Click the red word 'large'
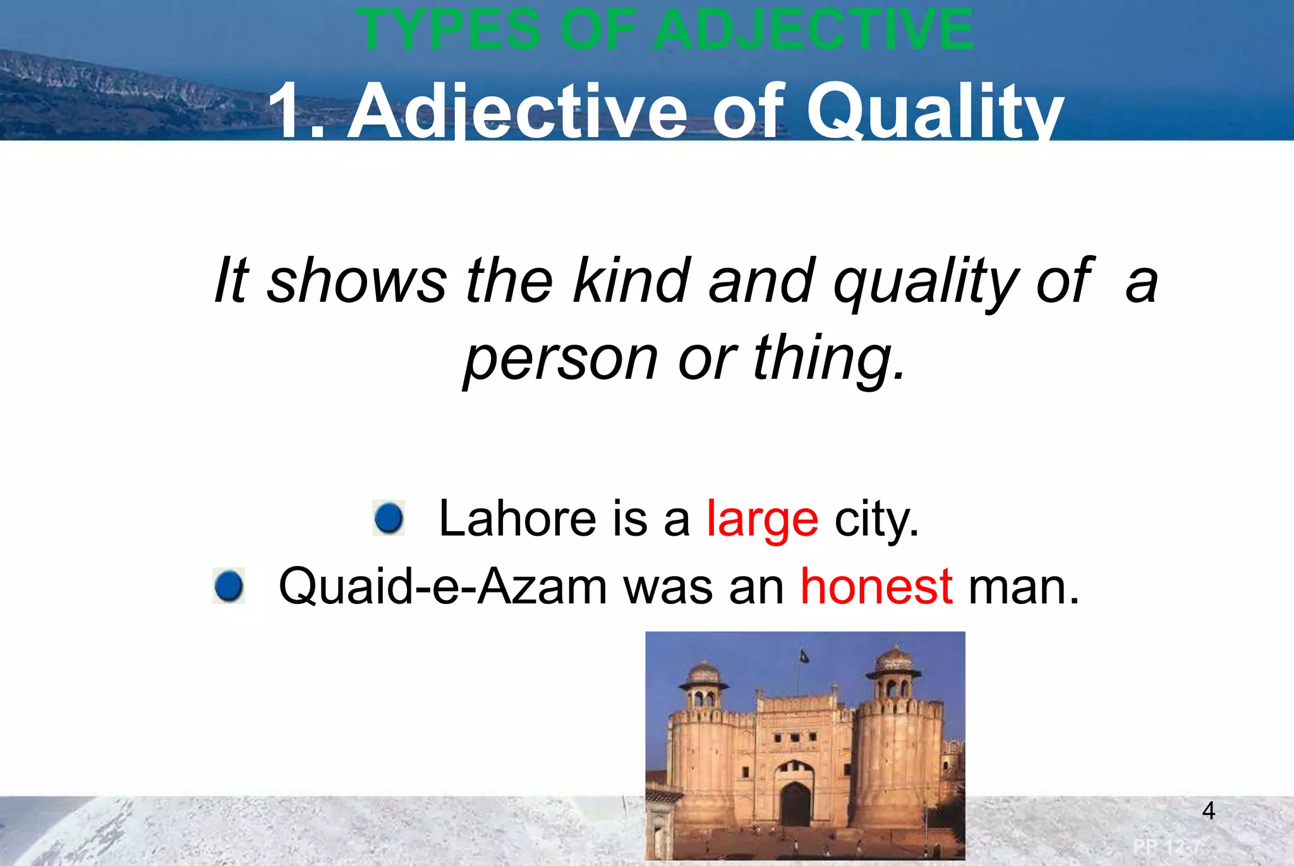pos(762,519)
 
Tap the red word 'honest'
pos(876,587)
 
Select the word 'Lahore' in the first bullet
pos(517,519)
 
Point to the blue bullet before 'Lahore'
pos(389,518)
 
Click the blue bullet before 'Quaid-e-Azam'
pos(229,586)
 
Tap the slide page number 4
pos(1208,810)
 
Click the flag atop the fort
pos(804,656)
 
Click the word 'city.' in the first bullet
pos(876,519)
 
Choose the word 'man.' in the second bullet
pos(1024,587)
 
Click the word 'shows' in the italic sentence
pos(357,280)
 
